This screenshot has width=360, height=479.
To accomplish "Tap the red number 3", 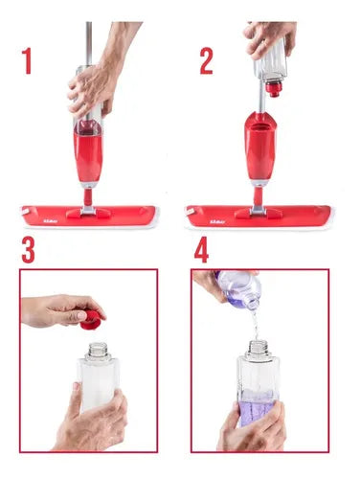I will tap(29, 251).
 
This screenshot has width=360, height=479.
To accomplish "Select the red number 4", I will tap(202, 251).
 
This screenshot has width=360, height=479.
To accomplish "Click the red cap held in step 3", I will tap(92, 319).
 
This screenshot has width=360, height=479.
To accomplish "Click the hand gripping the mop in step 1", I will tap(91, 91).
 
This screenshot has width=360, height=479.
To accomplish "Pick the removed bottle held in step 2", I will tap(271, 62).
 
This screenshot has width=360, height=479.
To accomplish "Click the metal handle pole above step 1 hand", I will tap(88, 38).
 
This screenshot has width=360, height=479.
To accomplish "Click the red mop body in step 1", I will tap(88, 153).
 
